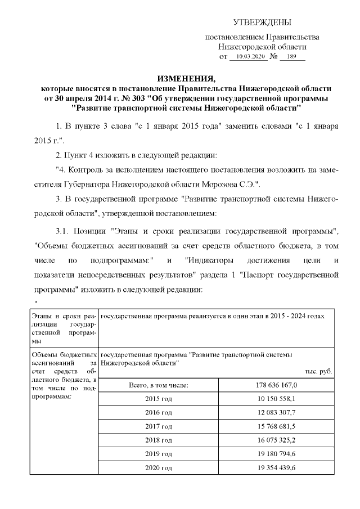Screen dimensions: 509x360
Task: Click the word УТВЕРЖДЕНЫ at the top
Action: point(262,22)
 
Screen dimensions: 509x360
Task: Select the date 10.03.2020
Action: point(249,57)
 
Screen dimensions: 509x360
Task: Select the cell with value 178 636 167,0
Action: point(276,385)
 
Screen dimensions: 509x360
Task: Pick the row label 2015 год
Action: point(159,399)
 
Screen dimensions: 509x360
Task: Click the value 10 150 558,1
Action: point(276,399)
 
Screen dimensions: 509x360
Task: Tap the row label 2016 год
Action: point(159,413)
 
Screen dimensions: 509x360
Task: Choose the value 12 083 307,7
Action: point(276,413)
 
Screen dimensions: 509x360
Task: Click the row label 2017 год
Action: point(159,426)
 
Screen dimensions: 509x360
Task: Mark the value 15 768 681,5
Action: point(276,426)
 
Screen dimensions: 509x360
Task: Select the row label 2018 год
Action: point(159,440)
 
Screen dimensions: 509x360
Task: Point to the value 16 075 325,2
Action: point(276,440)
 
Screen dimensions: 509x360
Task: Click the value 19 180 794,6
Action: point(276,454)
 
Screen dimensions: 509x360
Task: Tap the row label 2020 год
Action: point(159,468)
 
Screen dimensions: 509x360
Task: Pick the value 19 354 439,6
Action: point(276,468)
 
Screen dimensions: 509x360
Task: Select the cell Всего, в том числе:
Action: point(159,385)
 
